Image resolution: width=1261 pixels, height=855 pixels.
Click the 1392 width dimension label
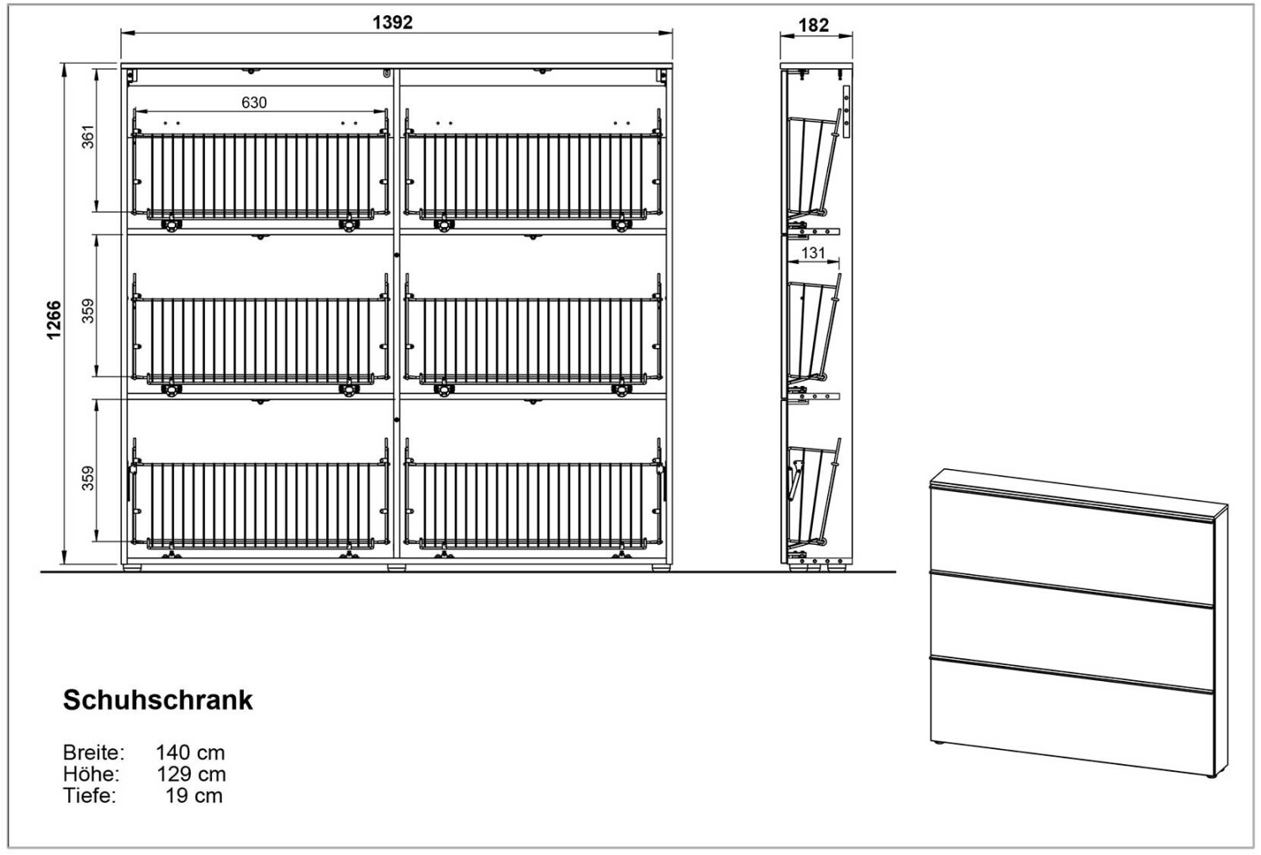coord(393,23)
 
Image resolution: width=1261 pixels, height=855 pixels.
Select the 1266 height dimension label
coord(54,319)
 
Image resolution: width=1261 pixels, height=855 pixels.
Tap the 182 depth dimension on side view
coord(813,25)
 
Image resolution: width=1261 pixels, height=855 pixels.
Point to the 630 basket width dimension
coord(254,103)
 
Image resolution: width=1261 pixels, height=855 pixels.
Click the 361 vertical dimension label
coord(88,136)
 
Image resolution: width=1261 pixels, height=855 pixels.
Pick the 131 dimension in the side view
coord(813,252)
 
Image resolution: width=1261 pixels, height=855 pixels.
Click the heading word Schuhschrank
coord(158,700)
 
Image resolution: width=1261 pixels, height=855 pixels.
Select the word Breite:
coord(93,752)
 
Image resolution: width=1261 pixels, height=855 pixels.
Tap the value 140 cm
coord(190,752)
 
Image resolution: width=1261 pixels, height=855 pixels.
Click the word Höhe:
coord(91,773)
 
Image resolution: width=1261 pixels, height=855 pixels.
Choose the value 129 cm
coord(191,773)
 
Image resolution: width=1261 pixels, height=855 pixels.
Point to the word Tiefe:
coord(89,795)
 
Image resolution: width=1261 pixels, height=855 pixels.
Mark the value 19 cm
coord(194,795)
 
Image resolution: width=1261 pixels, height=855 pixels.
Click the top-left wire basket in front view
coord(260,175)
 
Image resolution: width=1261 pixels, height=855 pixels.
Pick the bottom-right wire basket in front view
coord(533,503)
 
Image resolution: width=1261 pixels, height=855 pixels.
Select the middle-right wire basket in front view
coord(533,339)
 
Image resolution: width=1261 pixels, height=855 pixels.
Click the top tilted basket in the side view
coord(810,164)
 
